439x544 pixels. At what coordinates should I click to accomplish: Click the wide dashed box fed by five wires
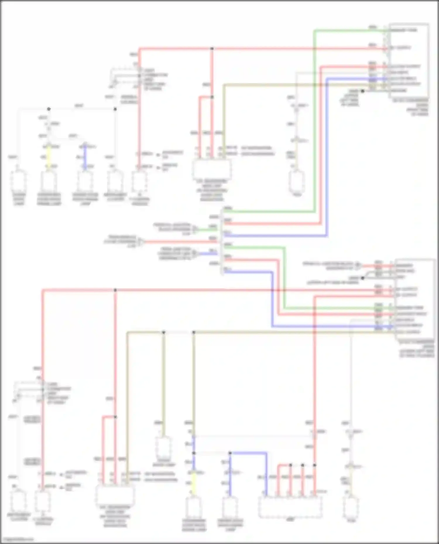290,507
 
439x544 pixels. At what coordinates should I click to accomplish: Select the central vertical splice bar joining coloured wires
222,241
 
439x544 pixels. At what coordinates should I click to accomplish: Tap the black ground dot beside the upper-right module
362,91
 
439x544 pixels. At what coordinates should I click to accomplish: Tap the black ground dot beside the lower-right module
362,278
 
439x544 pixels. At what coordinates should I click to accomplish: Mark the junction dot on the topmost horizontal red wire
212,49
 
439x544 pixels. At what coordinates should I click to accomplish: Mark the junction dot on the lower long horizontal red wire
115,290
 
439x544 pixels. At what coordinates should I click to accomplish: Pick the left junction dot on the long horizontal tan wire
164,332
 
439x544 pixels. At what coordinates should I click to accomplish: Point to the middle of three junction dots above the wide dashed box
303,465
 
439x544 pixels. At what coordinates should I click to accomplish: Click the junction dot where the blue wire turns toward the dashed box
230,453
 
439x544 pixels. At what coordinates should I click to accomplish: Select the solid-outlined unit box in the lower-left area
115,495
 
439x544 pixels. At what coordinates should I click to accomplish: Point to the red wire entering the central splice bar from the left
181,242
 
